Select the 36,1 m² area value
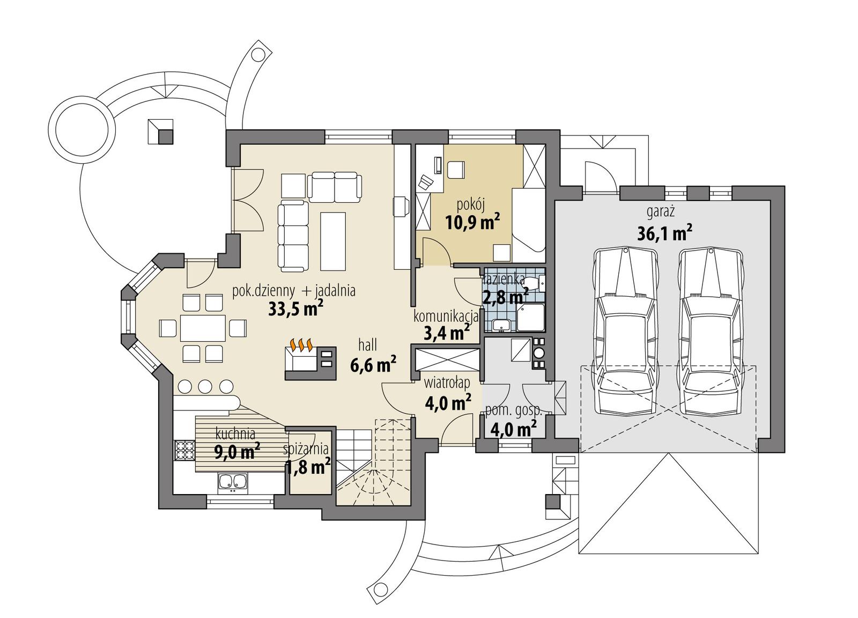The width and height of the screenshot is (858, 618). (x=664, y=233)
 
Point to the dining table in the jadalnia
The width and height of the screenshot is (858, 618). (x=203, y=328)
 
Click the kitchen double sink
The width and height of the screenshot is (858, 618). (x=232, y=482)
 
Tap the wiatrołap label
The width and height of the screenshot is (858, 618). (x=447, y=383)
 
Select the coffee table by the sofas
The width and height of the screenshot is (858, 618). (x=333, y=240)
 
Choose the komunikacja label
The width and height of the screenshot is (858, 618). (x=445, y=316)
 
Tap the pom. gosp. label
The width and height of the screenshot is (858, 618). (x=513, y=411)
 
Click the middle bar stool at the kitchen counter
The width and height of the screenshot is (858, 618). (x=206, y=386)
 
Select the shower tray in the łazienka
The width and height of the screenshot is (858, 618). (x=531, y=318)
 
